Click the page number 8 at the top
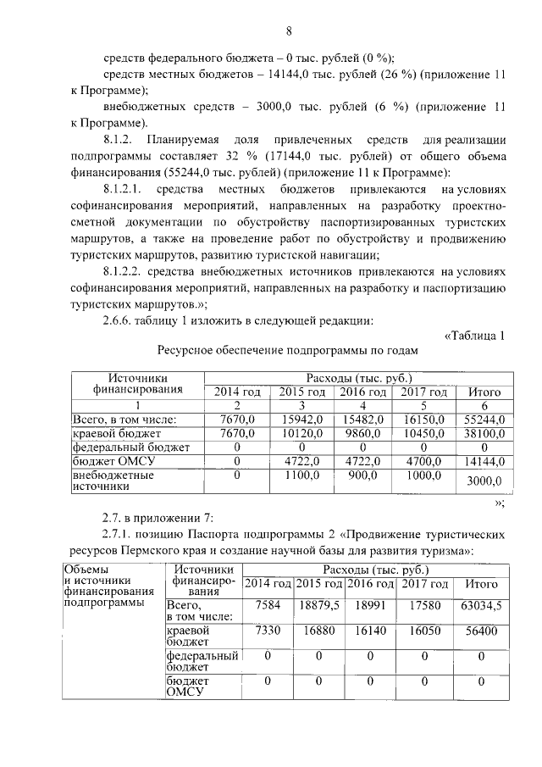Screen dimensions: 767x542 289,31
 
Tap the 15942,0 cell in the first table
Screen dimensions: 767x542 301,420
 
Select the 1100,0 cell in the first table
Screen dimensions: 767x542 301,476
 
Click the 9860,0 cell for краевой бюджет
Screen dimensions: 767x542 363,433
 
